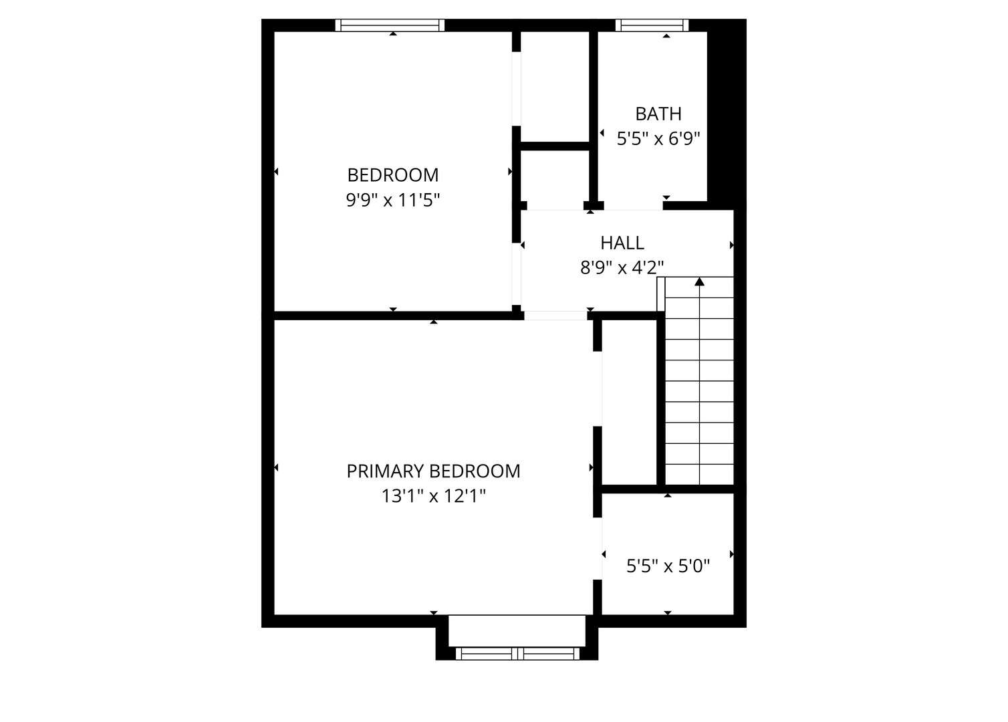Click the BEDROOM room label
(393, 175)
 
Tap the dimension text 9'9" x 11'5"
(393, 199)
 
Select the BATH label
(658, 114)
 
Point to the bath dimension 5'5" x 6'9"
(658, 138)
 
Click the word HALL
(622, 243)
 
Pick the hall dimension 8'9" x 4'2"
(622, 268)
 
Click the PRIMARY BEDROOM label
(433, 471)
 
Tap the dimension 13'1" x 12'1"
(433, 496)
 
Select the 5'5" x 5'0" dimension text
(668, 566)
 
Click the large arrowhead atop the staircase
(699, 281)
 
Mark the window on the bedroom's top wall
(390, 25)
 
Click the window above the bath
(652, 25)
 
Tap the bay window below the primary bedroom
(517, 654)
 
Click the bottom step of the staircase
(699, 475)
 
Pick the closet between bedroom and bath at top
(555, 86)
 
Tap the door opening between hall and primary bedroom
(555, 316)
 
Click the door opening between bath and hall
(634, 206)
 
